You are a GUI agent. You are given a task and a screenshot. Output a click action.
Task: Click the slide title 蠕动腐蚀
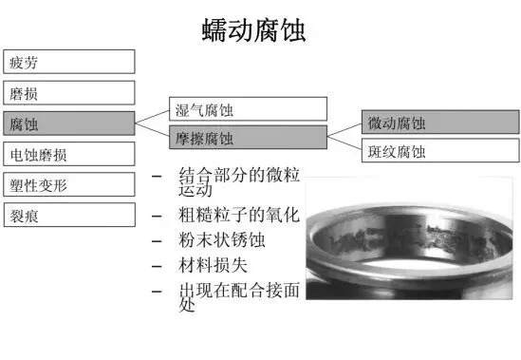[253, 30]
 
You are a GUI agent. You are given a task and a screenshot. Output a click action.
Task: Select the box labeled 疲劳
[69, 62]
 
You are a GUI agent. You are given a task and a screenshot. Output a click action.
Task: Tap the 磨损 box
[69, 92]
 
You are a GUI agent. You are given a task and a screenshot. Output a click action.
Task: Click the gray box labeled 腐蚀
[69, 123]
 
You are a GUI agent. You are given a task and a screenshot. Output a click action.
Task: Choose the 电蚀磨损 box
[69, 154]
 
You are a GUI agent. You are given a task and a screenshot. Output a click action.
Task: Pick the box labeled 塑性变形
[69, 184]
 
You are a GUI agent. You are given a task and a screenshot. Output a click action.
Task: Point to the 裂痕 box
[69, 215]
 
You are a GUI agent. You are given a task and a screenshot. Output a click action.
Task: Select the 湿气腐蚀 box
[249, 109]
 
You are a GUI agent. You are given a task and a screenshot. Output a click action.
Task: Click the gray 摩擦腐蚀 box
[249, 137]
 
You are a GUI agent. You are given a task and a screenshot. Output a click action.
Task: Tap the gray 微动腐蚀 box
[440, 123]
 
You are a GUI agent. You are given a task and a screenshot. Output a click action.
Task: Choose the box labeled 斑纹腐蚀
[440, 150]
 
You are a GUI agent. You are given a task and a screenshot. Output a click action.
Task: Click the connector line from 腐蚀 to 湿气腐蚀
[152, 117]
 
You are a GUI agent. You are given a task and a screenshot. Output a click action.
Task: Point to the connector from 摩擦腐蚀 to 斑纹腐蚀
[344, 143]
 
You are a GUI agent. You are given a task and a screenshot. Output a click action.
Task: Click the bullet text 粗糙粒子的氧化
[239, 215]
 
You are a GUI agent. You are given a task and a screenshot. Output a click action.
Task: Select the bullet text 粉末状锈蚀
[222, 240]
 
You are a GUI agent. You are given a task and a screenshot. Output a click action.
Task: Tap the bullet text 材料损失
[213, 265]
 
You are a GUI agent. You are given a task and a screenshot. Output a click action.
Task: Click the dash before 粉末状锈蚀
[157, 241]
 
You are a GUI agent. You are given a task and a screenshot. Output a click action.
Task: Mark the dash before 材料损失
[157, 266]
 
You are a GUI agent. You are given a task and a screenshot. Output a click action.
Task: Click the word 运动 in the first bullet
[195, 190]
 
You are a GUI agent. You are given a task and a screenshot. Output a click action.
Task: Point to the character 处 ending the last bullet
[187, 305]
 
